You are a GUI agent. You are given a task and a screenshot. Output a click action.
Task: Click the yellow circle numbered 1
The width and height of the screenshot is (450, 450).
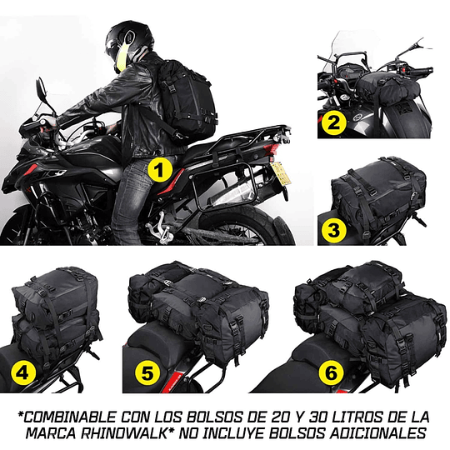[158, 171]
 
